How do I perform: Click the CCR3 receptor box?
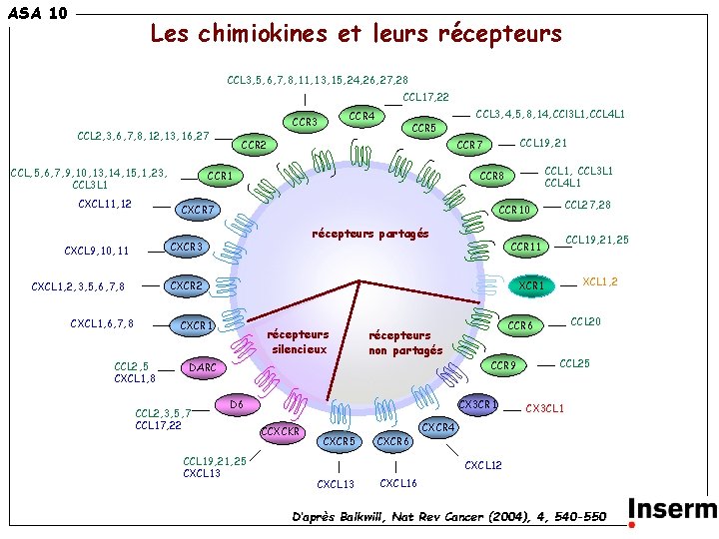tap(305, 123)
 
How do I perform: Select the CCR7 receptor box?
tap(468, 146)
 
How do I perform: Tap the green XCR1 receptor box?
tap(532, 286)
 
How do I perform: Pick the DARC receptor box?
tap(203, 368)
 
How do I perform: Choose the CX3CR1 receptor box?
tap(477, 405)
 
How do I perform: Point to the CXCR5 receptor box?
tap(339, 440)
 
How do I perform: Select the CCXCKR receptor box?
tap(282, 431)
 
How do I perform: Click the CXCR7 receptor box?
tap(199, 210)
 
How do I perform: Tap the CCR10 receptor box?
tap(514, 210)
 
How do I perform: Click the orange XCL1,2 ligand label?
tap(599, 281)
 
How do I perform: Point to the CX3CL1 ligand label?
tap(545, 408)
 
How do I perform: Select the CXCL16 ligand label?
tap(399, 483)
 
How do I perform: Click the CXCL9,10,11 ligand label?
tap(96, 251)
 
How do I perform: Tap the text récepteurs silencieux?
tap(300, 342)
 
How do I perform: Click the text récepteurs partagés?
tap(370, 235)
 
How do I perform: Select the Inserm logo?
tap(671, 510)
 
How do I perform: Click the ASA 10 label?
tap(37, 13)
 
